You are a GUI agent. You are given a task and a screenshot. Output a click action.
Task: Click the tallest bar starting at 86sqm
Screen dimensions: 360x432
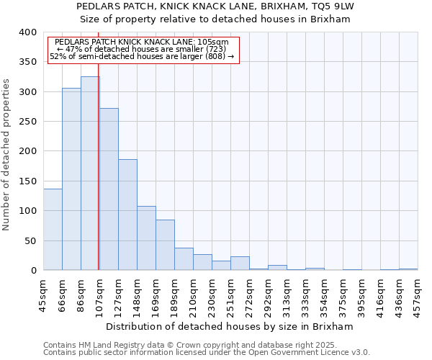tap(90, 173)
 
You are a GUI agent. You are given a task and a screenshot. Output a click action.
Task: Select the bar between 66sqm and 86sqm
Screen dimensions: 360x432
tap(71, 179)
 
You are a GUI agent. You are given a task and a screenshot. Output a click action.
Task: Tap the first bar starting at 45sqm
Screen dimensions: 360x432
tap(53, 230)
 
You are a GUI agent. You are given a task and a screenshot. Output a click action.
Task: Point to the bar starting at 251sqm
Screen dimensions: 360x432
tap(240, 264)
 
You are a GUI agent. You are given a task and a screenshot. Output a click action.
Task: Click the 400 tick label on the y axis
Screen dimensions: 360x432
tap(27, 32)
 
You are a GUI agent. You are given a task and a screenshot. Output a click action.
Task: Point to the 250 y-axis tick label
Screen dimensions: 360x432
tap(27, 122)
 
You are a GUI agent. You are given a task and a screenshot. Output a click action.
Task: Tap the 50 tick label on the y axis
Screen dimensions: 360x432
tap(30, 240)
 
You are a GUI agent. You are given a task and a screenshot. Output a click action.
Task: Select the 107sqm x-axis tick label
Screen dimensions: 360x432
tap(99, 293)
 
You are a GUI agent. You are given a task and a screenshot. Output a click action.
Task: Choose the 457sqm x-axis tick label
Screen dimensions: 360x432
tap(418, 293)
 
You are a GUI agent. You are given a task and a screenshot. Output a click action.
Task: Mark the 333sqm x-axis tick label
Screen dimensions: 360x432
tap(305, 293)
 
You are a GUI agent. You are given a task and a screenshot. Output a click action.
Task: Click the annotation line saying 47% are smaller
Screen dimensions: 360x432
tap(141, 49)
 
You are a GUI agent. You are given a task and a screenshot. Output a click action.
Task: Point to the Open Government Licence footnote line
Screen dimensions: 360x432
tap(207, 353)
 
